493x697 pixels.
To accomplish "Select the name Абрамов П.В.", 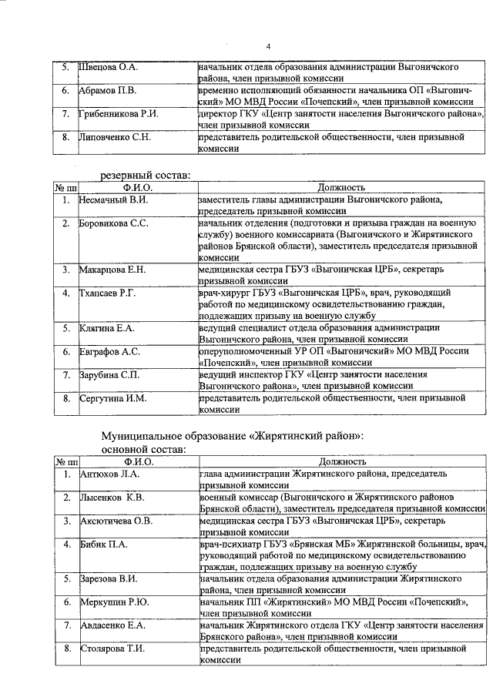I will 108,91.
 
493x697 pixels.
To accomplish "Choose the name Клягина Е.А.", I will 107,328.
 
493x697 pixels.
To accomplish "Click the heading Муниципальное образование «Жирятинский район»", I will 233,435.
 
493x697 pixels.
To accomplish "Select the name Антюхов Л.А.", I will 109,474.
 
